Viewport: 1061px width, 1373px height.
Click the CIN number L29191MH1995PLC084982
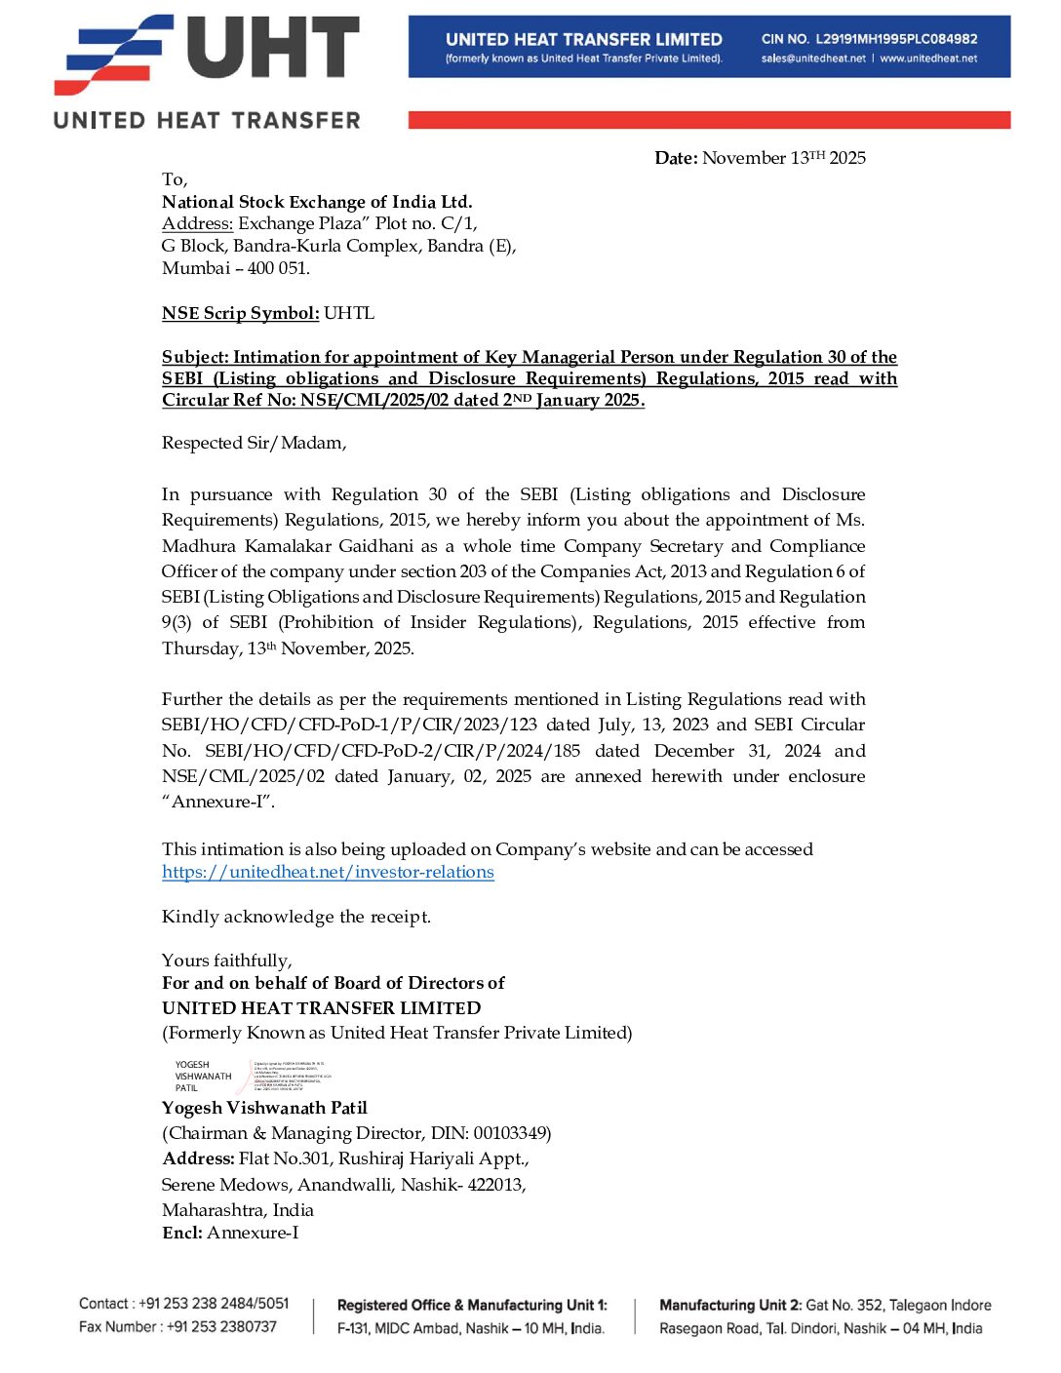tap(896, 39)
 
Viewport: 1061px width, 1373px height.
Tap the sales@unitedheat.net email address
tap(813, 59)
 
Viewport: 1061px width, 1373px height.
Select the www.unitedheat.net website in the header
tap(928, 59)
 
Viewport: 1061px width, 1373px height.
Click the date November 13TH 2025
tap(784, 158)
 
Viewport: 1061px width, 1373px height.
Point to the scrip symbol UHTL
tap(349, 313)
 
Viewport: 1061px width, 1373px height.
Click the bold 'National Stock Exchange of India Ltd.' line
tap(317, 202)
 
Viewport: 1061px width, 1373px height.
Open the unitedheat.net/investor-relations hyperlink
tap(328, 872)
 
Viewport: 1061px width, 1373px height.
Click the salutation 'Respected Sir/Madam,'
tap(254, 443)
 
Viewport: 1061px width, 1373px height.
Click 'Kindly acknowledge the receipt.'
tap(296, 917)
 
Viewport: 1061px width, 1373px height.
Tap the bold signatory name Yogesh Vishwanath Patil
tap(264, 1108)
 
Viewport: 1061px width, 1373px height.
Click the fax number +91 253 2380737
tap(221, 1327)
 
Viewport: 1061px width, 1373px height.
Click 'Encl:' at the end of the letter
tap(182, 1234)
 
